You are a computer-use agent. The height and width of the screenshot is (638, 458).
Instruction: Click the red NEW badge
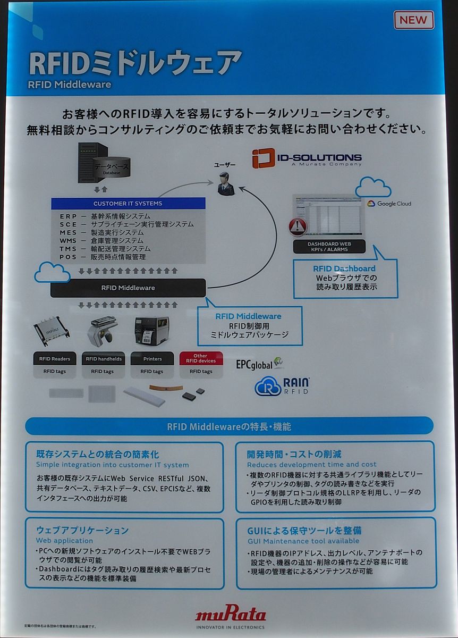[x=413, y=20]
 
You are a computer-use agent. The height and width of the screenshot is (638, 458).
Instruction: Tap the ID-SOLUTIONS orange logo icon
[x=264, y=158]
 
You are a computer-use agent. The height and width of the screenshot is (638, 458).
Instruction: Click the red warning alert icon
[x=298, y=226]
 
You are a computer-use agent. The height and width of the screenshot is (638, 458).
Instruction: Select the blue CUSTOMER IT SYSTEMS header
[x=128, y=203]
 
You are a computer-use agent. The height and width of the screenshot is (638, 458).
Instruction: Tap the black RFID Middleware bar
[x=128, y=288]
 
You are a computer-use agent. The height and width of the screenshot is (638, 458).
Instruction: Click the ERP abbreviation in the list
[x=68, y=216]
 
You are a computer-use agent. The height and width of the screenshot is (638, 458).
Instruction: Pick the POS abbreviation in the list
[x=68, y=257]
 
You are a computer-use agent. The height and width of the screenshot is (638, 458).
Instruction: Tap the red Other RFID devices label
[x=200, y=358]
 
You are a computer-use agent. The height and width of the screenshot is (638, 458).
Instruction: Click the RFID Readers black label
[x=55, y=358]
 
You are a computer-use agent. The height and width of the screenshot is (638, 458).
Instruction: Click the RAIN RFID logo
[x=282, y=386]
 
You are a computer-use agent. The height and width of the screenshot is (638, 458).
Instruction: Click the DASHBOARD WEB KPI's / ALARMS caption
[x=329, y=246]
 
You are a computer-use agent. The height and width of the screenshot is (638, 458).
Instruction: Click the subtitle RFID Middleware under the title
[x=69, y=84]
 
